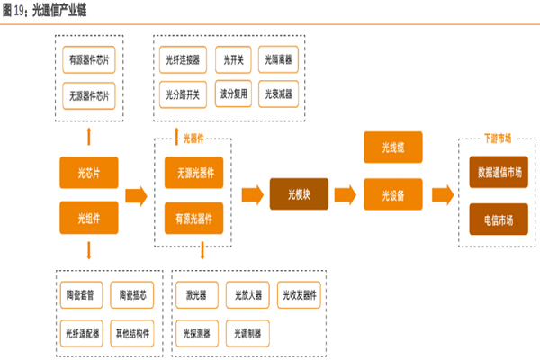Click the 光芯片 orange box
pos(87,171)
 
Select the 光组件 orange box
pos(87,217)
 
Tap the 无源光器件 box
pos(194,171)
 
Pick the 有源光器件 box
pos(194,217)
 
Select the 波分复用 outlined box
pos(233,93)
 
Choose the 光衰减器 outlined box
pos(280,93)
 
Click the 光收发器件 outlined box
pos(299,294)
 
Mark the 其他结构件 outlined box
pos(133,332)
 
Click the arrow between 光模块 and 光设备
pos(345,193)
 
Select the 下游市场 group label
pos(497,138)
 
